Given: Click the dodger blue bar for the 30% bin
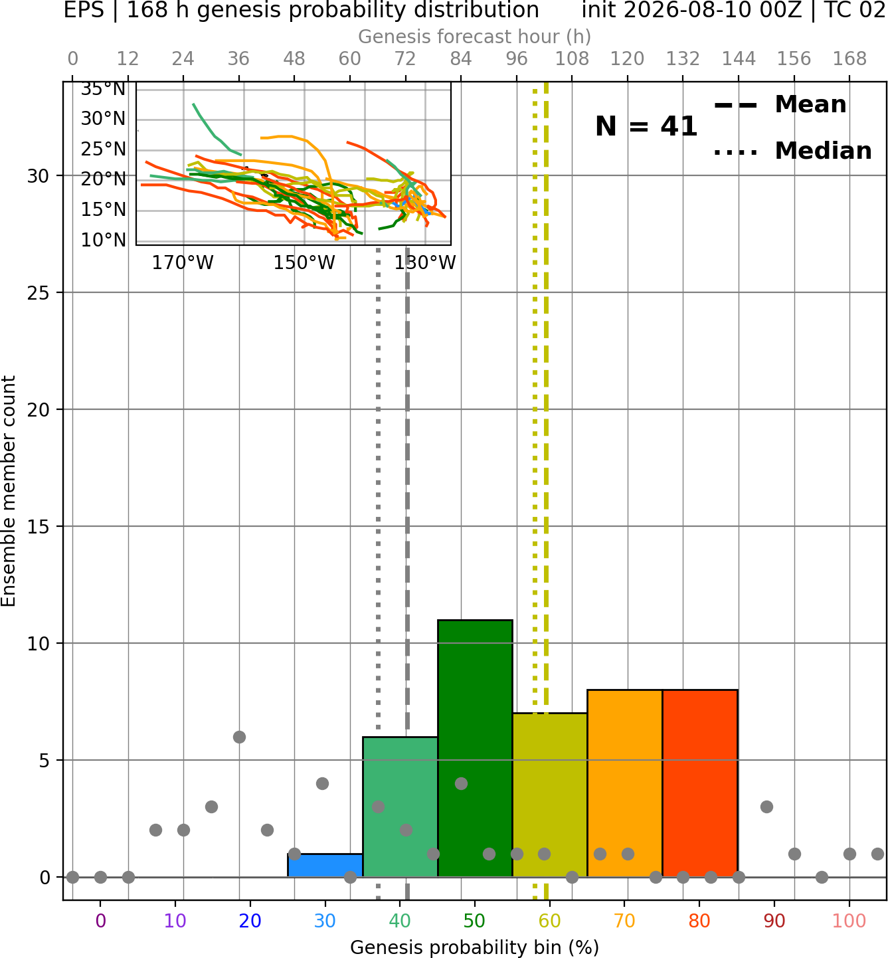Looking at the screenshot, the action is [325, 866].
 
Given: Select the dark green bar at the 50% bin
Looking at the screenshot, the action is [475, 748].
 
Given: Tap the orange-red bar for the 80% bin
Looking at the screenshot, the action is [700, 783].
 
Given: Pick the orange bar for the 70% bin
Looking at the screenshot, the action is [624, 783].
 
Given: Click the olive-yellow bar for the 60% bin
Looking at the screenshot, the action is [550, 795].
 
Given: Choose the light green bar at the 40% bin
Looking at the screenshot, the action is [400, 807].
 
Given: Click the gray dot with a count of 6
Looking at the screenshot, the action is [239, 737].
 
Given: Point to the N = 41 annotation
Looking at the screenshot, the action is [646, 126].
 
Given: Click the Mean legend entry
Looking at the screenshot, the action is [780, 105].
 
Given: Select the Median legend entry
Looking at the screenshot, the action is [792, 151].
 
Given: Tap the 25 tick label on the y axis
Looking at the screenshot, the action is [39, 293].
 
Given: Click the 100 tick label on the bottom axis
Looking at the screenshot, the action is [849, 921].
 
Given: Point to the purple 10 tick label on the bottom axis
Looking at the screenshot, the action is [175, 921].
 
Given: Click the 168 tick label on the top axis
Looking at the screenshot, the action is [849, 59].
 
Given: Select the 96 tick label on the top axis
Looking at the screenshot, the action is [517, 59].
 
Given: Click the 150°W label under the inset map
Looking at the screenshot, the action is [304, 263].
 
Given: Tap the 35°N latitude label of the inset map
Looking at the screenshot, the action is [103, 89].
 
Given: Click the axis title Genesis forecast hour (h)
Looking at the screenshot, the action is [475, 37].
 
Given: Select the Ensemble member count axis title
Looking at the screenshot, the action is [9, 491].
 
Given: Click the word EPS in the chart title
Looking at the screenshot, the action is [84, 10].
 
